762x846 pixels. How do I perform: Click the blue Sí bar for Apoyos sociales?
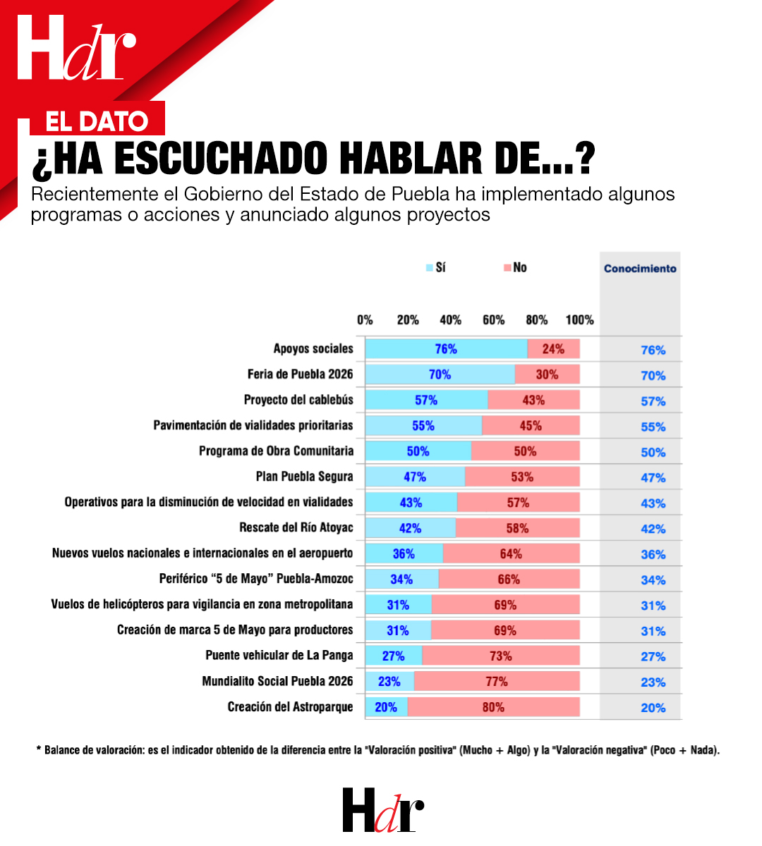pos(446,349)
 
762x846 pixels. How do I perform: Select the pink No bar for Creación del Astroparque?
pos(493,707)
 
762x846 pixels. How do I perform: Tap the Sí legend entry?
pos(436,268)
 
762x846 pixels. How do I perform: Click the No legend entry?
pos(515,268)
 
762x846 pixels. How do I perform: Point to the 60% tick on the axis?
pos(493,320)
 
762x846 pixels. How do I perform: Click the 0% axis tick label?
pos(365,320)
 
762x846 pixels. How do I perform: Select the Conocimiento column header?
pos(640,269)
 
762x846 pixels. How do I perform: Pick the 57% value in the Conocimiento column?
pos(653,401)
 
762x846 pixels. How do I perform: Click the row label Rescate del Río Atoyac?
pos(296,527)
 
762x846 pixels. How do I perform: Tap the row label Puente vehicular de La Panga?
pos(279,655)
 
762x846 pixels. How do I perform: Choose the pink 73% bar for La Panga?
pos(500,656)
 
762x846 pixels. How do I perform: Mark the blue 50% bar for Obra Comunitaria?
pos(418,451)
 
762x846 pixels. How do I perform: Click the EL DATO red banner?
pos(97,121)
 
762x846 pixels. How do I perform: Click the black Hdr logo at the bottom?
pos(383,810)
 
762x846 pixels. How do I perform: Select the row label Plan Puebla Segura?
pos(304,477)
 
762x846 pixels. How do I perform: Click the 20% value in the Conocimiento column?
pos(653,708)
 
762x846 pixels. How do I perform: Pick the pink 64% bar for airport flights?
pos(511,553)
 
